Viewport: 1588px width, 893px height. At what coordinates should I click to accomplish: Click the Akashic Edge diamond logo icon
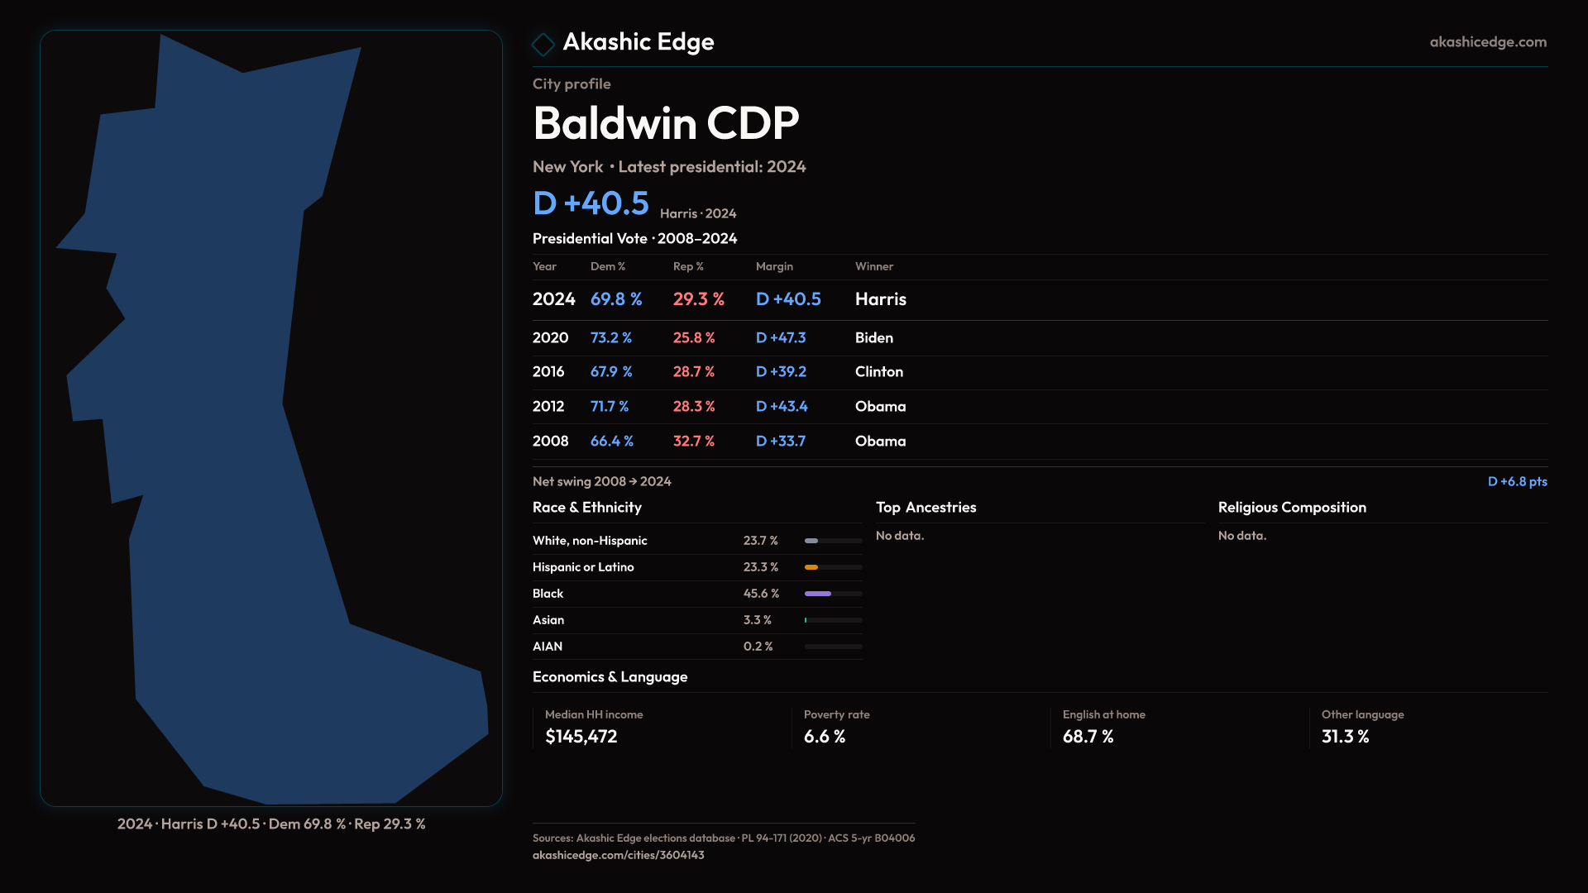(x=543, y=44)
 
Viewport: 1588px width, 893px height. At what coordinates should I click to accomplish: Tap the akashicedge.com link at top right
(x=1487, y=42)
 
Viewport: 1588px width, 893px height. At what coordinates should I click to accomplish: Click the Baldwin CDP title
(x=666, y=123)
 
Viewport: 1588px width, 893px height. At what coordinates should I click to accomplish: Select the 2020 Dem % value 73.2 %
(x=610, y=338)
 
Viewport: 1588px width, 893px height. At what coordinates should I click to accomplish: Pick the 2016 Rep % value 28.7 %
(x=693, y=372)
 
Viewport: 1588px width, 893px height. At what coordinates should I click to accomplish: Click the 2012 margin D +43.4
(x=781, y=407)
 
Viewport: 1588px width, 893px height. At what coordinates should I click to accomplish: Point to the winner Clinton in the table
(x=878, y=372)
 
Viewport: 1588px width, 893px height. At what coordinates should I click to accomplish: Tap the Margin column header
(x=774, y=266)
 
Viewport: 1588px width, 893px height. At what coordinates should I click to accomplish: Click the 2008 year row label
(x=550, y=442)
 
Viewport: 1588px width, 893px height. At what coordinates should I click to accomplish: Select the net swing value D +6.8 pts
(x=1517, y=481)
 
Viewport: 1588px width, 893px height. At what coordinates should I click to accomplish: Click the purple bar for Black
(x=818, y=594)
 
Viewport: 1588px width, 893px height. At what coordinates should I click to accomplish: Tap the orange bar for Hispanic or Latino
(x=811, y=567)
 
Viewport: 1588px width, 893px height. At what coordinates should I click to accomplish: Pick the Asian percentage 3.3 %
(x=757, y=620)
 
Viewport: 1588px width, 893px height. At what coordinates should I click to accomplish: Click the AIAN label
(x=548, y=647)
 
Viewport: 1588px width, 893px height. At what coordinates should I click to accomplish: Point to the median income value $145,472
(x=581, y=737)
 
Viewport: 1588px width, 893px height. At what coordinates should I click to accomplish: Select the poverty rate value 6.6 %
(x=824, y=737)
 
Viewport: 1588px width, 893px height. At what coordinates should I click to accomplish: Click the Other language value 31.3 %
(x=1345, y=737)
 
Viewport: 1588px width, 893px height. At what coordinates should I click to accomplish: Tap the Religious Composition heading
(x=1292, y=508)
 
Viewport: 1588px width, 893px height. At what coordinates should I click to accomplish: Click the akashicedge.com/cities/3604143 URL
(x=618, y=855)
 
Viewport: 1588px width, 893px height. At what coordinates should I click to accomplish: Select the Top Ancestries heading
(x=926, y=508)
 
